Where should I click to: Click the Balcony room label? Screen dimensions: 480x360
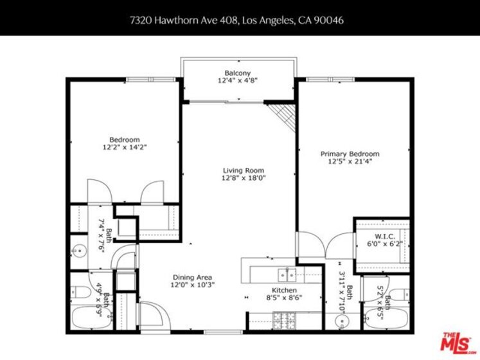click(x=238, y=73)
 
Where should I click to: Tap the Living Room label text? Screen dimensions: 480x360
click(x=244, y=170)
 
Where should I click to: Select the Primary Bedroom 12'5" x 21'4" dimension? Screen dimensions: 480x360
click(x=350, y=161)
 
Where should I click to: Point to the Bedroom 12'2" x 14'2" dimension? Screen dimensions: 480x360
click(x=125, y=147)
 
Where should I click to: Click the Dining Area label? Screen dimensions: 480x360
click(x=192, y=277)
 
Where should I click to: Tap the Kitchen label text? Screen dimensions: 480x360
click(x=285, y=290)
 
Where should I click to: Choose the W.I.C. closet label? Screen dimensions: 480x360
click(x=385, y=237)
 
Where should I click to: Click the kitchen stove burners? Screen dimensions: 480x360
click(x=284, y=320)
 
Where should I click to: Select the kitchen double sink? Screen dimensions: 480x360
click(x=287, y=274)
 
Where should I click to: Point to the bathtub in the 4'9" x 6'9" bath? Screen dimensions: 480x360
click(x=92, y=318)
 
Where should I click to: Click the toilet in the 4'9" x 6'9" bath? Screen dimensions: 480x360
click(x=80, y=292)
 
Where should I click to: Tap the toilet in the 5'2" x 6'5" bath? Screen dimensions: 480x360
click(x=400, y=294)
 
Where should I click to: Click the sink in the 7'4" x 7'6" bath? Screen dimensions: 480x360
click(x=79, y=251)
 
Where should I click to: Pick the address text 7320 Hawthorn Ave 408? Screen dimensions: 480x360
click(x=184, y=20)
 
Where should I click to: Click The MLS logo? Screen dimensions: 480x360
click(x=458, y=341)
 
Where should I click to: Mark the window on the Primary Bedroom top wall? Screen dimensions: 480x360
click(x=330, y=80)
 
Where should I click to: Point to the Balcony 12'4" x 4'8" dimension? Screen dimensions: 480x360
click(x=238, y=80)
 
